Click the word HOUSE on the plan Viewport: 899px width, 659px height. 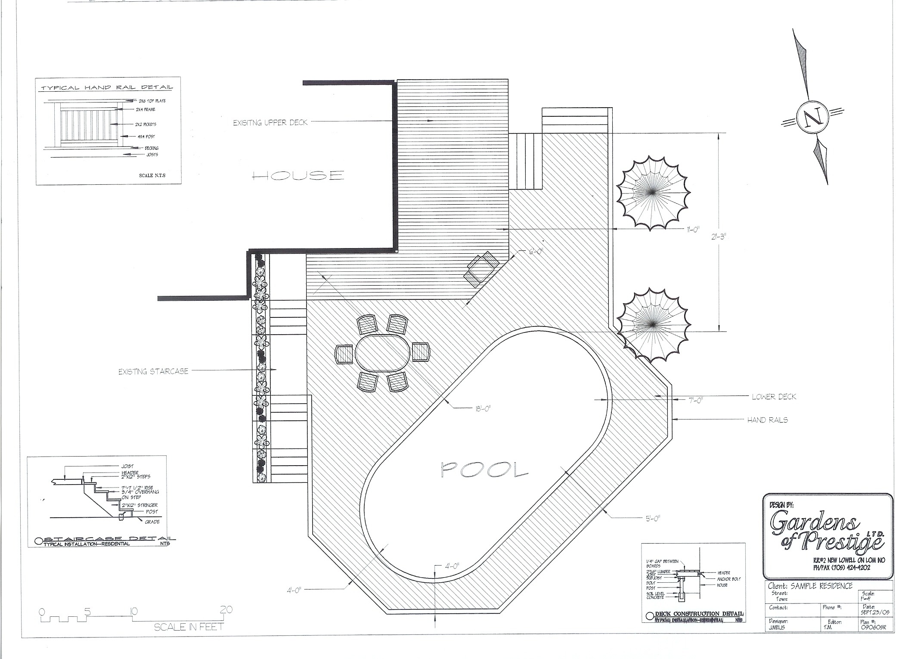(298, 175)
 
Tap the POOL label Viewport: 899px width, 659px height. (484, 469)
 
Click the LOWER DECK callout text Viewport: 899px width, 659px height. (774, 397)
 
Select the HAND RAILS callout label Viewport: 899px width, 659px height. (768, 420)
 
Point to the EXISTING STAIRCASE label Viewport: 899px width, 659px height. (153, 371)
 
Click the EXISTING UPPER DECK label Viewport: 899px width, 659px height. (270, 123)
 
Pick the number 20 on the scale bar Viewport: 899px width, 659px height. (226, 610)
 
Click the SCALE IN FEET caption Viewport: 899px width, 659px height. (189, 627)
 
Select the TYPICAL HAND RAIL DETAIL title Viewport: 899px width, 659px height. (107, 87)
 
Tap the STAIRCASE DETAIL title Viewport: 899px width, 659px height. (109, 539)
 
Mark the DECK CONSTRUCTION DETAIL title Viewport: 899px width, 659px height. (699, 613)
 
